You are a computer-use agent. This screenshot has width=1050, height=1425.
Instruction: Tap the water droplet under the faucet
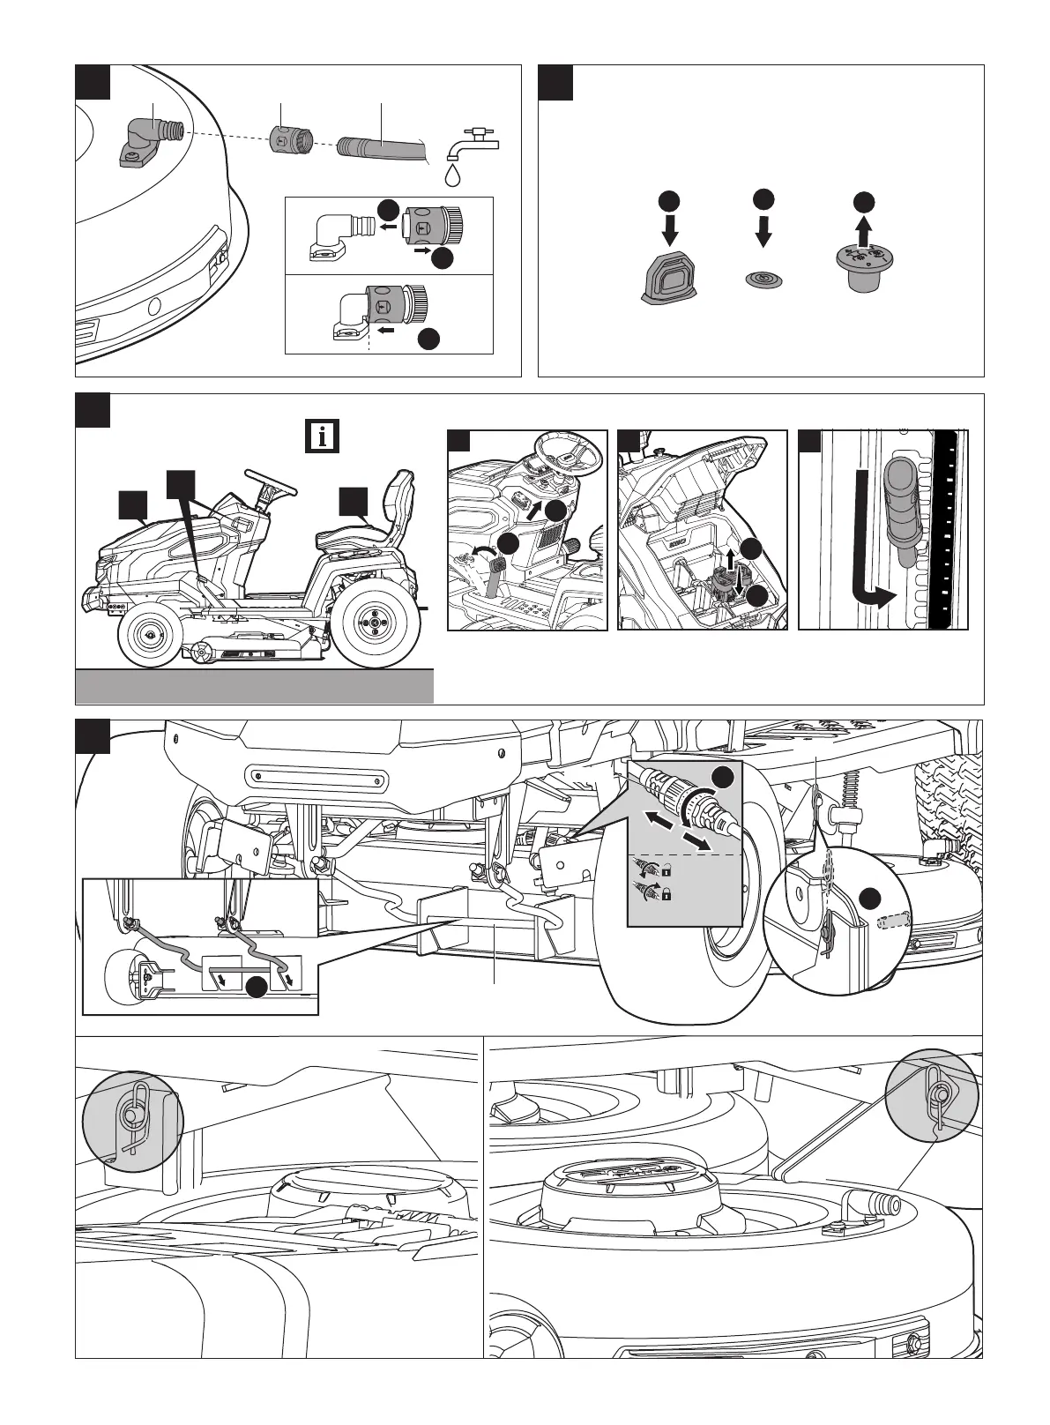[x=453, y=174]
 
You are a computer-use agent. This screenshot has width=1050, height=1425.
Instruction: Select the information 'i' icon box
[x=324, y=436]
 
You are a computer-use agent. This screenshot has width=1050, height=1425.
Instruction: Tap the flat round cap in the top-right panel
[x=763, y=278]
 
